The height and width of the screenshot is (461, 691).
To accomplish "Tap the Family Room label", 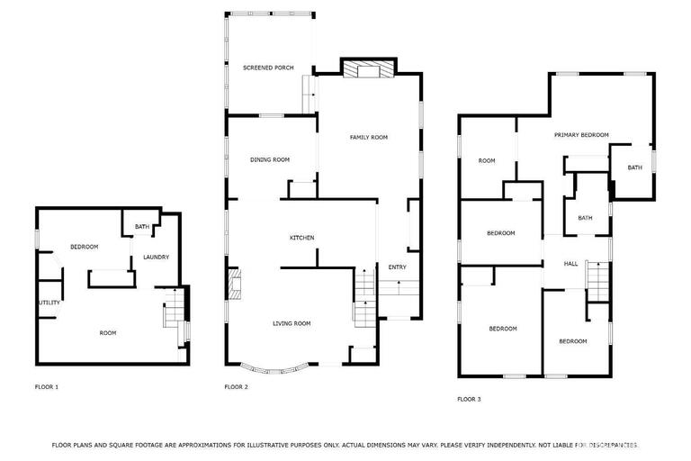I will pyautogui.click(x=368, y=137).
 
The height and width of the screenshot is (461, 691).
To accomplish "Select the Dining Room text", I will pyautogui.click(x=270, y=159).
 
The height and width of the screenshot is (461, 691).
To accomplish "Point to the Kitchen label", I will pyautogui.click(x=301, y=238).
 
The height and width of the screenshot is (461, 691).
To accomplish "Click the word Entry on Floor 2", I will pyautogui.click(x=397, y=267).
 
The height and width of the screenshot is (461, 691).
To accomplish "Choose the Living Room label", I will pyautogui.click(x=292, y=323).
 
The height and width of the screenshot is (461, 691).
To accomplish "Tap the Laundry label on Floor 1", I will pyautogui.click(x=156, y=258).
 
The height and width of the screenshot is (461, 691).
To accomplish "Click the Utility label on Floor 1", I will pyautogui.click(x=49, y=303).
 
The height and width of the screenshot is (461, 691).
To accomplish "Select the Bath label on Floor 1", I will pyautogui.click(x=142, y=227).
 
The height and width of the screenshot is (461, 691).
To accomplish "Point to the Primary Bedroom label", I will pyautogui.click(x=581, y=135).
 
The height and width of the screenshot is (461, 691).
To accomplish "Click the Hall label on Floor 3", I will pyautogui.click(x=570, y=264).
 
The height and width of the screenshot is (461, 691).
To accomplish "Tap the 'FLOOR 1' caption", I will pyautogui.click(x=46, y=387).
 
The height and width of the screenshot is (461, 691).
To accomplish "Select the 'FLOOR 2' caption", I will pyautogui.click(x=236, y=387).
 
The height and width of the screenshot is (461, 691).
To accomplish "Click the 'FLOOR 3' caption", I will pyautogui.click(x=469, y=399).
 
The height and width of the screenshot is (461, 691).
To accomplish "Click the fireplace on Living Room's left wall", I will pyautogui.click(x=235, y=283).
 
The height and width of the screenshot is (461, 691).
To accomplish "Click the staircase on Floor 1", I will pyautogui.click(x=173, y=314).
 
